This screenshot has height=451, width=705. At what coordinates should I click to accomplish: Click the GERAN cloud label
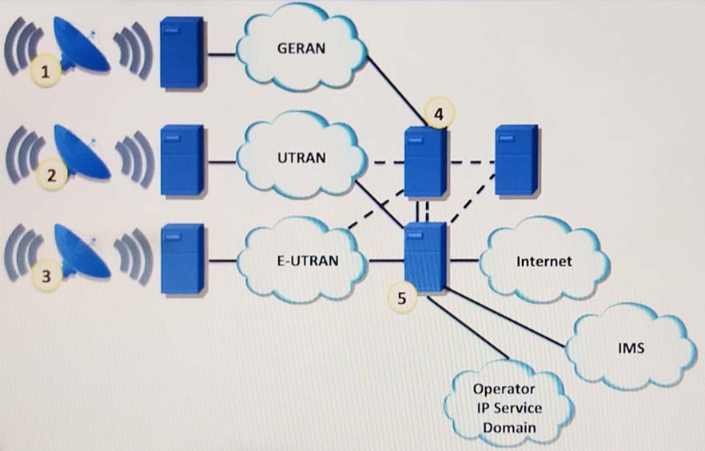[302, 47]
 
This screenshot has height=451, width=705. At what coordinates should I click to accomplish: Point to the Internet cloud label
[544, 261]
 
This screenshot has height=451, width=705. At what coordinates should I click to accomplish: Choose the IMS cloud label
[631, 349]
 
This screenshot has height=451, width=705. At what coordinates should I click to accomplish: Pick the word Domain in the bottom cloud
[508, 428]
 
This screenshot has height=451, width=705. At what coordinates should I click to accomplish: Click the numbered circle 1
[47, 73]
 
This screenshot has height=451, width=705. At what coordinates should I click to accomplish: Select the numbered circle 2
[52, 175]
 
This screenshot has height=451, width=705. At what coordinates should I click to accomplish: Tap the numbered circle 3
[47, 277]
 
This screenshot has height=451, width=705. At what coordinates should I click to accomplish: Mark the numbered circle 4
[437, 115]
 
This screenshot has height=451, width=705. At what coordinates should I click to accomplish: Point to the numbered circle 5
[402, 297]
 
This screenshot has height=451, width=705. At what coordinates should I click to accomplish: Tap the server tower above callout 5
[424, 256]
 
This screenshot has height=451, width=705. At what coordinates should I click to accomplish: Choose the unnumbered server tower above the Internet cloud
[516, 160]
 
